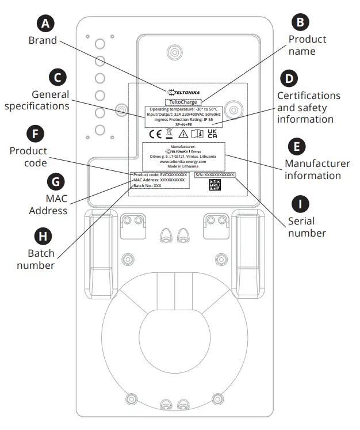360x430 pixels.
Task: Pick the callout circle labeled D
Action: pos(289,77)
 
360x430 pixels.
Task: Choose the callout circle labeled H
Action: pos(41,235)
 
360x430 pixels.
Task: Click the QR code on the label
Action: pos(215,185)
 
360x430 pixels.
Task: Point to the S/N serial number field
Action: pos(215,174)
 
